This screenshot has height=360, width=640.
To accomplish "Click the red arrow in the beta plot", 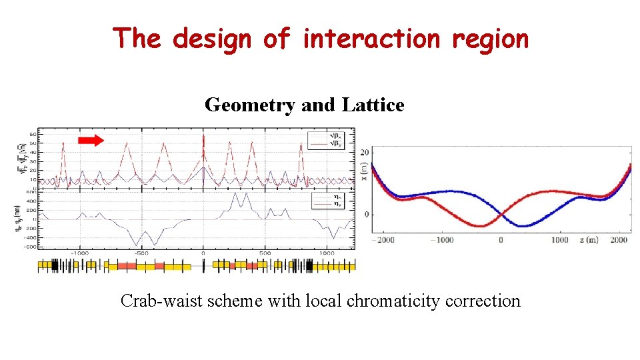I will click(91, 139).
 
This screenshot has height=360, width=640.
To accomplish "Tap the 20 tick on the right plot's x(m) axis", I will click(365, 153).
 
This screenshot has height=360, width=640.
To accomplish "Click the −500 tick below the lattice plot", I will click(141, 253).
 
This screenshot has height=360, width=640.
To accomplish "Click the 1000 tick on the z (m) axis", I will click(560, 240).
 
